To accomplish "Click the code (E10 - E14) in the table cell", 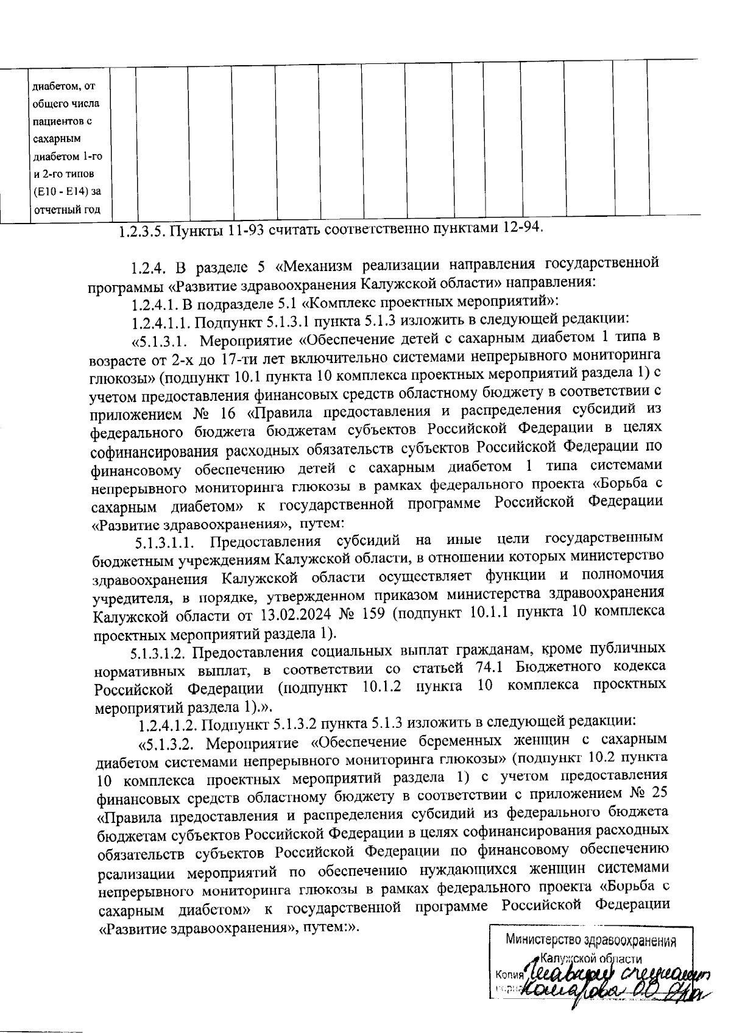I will pyautogui.click(x=66, y=192).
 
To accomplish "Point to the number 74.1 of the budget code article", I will pyautogui.click(x=487, y=668).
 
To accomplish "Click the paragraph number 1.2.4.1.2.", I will pyautogui.click(x=168, y=724).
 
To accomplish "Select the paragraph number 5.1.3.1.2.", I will pyautogui.click(x=158, y=652).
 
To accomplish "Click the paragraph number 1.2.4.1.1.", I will pyautogui.click(x=161, y=320).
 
